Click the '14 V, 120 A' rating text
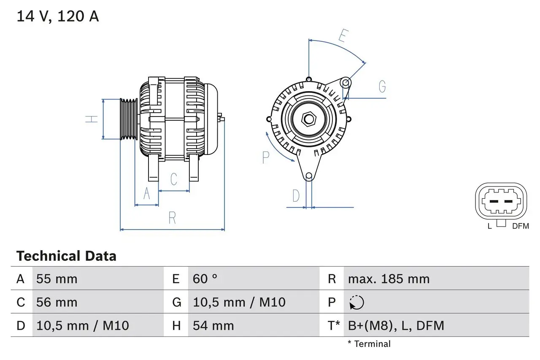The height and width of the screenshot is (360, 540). [x=58, y=16]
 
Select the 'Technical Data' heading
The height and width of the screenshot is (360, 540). [x=66, y=256]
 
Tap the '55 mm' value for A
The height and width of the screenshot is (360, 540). [x=57, y=279]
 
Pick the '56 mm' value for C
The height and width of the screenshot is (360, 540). [x=57, y=302]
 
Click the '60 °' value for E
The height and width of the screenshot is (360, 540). [x=205, y=279]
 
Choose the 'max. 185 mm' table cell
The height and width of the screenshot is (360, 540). [x=389, y=279]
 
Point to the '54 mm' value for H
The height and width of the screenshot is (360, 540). [x=213, y=325]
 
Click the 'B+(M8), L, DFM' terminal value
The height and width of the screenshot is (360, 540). [x=396, y=325]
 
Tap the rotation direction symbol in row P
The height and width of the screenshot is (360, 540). [x=356, y=303]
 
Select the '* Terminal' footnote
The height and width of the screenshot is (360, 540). [x=369, y=344]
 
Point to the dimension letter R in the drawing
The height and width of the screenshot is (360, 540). [x=172, y=218]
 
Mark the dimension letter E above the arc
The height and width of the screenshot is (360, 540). [x=343, y=36]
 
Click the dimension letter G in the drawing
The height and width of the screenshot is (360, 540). [x=382, y=87]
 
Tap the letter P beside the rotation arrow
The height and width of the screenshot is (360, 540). [x=266, y=157]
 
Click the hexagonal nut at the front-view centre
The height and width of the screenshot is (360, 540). [x=309, y=119]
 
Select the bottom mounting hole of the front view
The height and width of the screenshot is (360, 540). [x=309, y=176]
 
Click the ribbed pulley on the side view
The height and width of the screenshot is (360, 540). [x=128, y=119]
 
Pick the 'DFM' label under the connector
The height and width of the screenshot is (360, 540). [x=520, y=226]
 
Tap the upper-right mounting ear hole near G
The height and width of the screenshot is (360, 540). [x=346, y=82]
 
